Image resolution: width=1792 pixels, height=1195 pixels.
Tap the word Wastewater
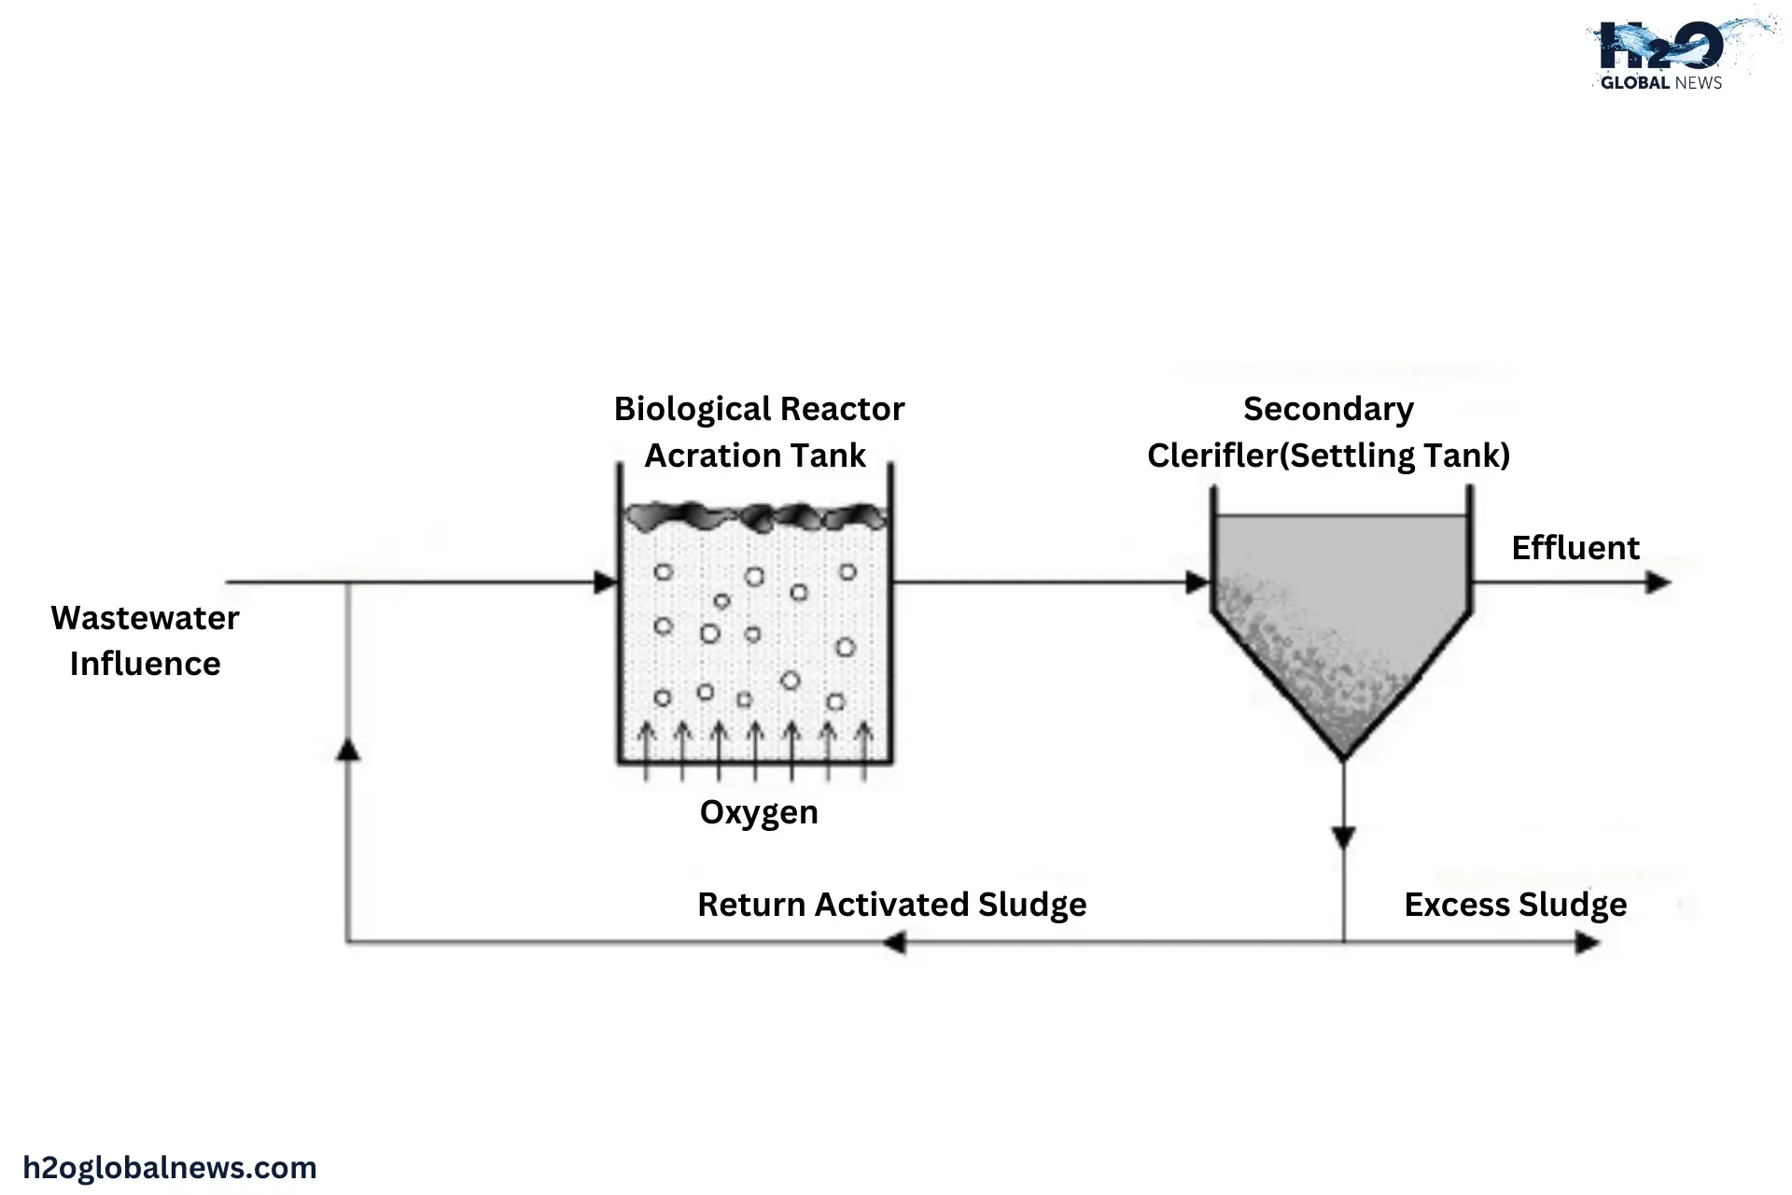coord(145,618)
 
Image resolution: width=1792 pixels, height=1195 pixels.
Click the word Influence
coord(145,664)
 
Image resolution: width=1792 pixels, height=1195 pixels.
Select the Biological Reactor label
coord(759,409)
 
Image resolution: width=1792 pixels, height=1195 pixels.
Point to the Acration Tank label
coord(755,456)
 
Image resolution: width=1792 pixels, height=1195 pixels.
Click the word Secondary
coord(1328,409)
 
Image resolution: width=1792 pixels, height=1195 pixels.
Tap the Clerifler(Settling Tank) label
coord(1328,456)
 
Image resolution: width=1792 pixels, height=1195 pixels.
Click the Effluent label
coord(1575,548)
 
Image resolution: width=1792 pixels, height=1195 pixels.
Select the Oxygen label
coord(759,812)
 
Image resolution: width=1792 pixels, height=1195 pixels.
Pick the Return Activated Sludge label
coord(891,905)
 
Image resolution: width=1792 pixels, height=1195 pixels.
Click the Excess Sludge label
coord(1515,905)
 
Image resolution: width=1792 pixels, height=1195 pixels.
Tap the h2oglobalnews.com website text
coord(170,1168)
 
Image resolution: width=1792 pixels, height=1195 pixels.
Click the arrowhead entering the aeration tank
coord(606,583)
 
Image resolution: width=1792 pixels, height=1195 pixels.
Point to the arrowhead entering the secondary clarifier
coord(1197,583)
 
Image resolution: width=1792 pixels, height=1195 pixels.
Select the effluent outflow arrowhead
coord(1658,583)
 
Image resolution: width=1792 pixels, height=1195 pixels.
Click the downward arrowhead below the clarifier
coord(1343,837)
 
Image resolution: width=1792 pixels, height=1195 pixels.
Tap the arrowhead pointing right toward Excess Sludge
coord(1588,943)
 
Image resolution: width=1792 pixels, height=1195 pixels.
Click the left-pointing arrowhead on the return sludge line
coord(894,943)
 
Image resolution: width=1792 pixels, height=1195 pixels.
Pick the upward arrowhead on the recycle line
coord(348,750)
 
